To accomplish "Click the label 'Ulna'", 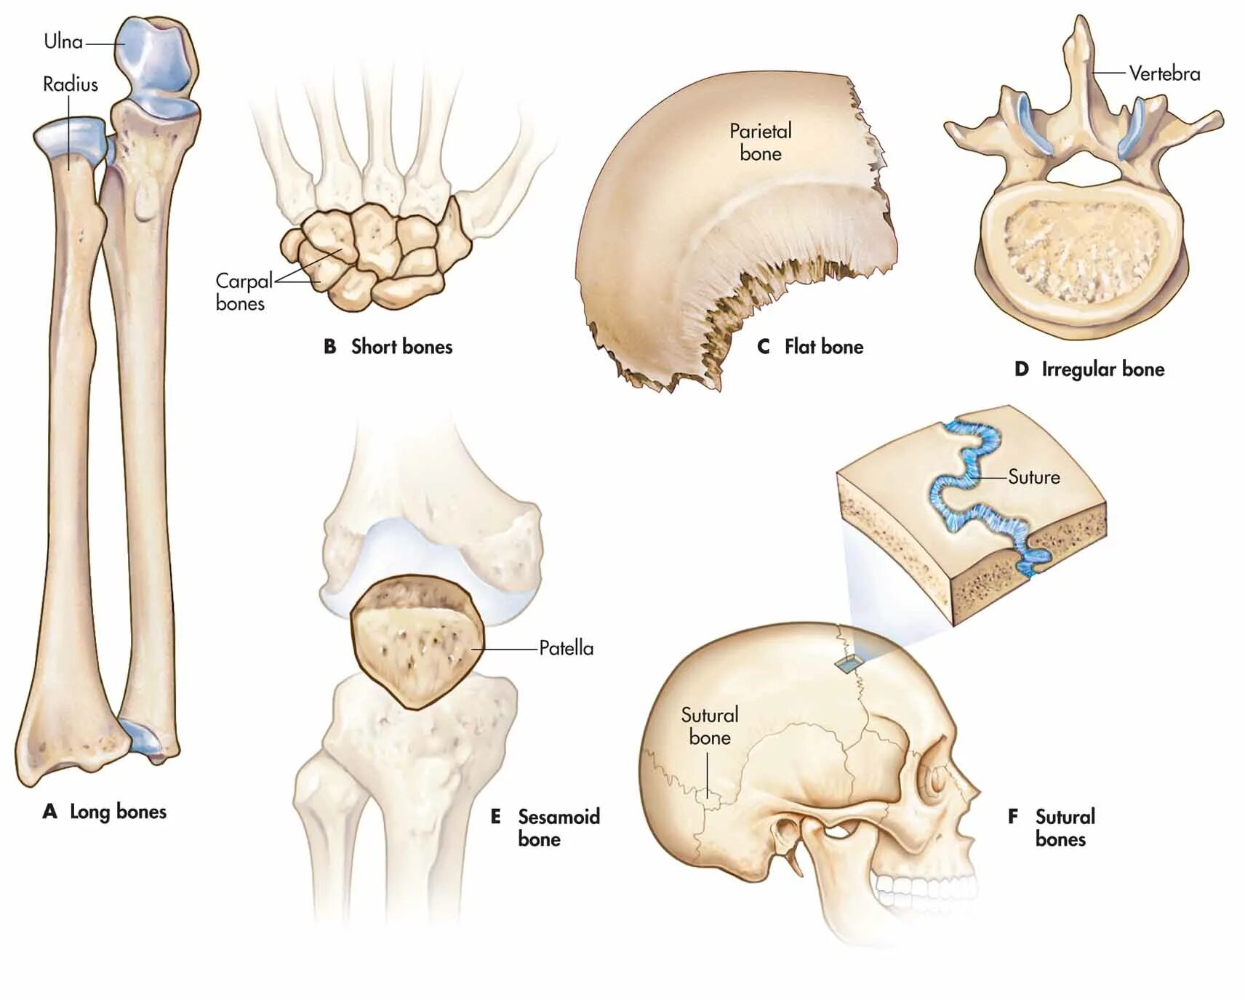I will tap(63, 41).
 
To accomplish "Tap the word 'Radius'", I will tap(70, 84).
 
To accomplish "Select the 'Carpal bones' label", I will tap(242, 292).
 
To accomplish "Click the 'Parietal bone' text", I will tap(760, 142).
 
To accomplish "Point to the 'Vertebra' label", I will tap(1164, 73).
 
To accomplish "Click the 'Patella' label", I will tap(566, 648).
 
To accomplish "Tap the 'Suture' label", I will tap(1033, 477).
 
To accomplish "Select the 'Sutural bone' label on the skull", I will tap(709, 726).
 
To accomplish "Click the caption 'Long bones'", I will tap(118, 812).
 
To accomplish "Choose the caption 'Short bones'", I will tap(401, 347).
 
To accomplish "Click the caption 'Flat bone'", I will tap(823, 347).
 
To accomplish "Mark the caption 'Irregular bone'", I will tap(1102, 369).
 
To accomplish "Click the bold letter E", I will tap(495, 817).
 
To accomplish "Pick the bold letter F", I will tap(1012, 817).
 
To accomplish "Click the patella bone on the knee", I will tap(417, 640).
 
